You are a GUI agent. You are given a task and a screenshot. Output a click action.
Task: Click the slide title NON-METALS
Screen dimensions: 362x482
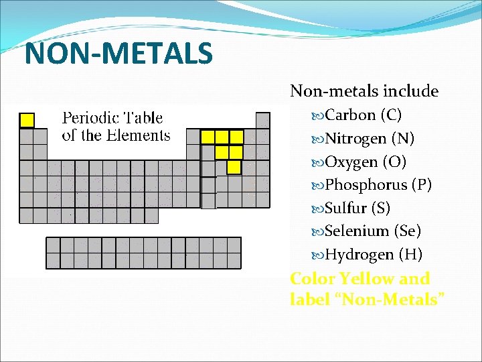coord(118,54)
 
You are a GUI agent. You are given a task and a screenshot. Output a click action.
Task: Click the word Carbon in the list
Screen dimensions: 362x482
coord(350,115)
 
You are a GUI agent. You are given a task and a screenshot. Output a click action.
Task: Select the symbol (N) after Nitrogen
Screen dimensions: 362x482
coord(403,139)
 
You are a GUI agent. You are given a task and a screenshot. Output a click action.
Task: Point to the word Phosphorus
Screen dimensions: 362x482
coord(366,185)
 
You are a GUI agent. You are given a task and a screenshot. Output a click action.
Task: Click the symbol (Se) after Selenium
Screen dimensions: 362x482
coord(408,231)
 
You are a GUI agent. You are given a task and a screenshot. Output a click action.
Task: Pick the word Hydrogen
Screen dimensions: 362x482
coord(359,255)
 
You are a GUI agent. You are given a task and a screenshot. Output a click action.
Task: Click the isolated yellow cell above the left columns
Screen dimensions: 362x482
coord(27,121)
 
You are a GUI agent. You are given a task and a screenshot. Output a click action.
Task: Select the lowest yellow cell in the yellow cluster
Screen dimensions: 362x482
coord(234,166)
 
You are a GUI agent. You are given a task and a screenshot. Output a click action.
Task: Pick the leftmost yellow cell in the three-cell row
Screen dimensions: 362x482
coord(208,137)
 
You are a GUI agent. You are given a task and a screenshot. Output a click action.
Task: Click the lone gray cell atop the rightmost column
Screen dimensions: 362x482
coord(263,121)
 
